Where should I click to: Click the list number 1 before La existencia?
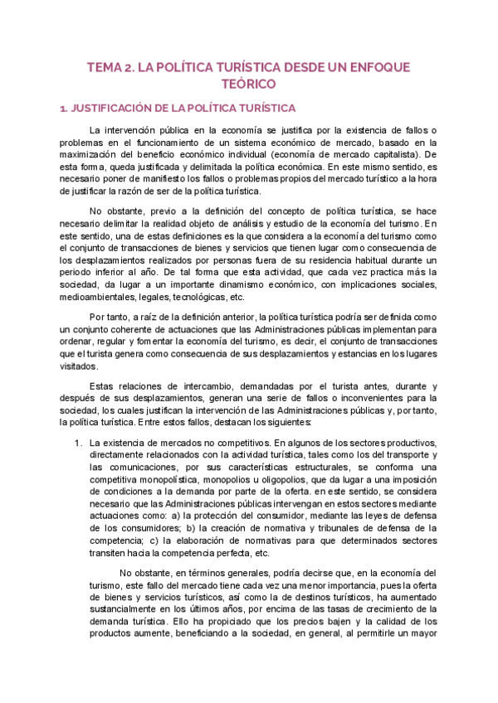76,444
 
